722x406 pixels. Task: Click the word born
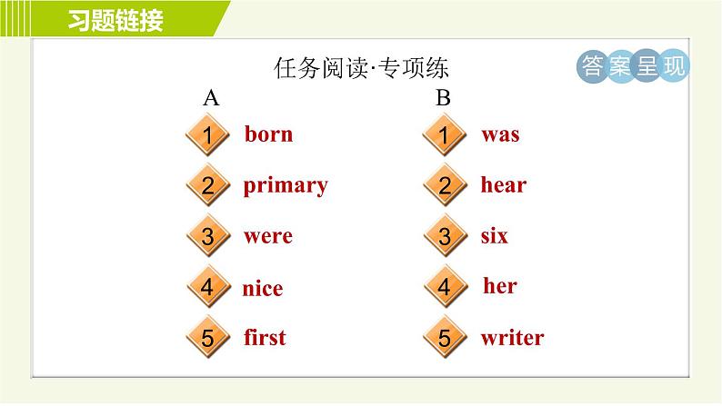[268, 134]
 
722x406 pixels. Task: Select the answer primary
[286, 186]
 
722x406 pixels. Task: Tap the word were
[268, 236]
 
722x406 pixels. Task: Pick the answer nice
[263, 288]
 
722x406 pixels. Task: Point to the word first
[265, 337]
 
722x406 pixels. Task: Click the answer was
[500, 135]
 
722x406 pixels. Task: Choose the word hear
[503, 184]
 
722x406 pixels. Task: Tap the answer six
[494, 235]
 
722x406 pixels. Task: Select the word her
[500, 285]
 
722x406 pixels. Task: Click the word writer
[513, 338]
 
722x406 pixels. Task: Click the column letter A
[211, 97]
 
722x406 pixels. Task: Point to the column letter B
[443, 97]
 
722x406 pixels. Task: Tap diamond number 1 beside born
[207, 134]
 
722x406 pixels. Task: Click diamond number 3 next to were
[207, 236]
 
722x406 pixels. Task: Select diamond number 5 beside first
[207, 338]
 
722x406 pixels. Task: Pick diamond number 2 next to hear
[445, 185]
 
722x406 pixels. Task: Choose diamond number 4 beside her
[445, 286]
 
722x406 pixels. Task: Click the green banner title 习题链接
[115, 20]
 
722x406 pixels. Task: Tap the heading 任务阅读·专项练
[361, 68]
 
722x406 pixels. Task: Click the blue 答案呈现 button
[633, 65]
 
